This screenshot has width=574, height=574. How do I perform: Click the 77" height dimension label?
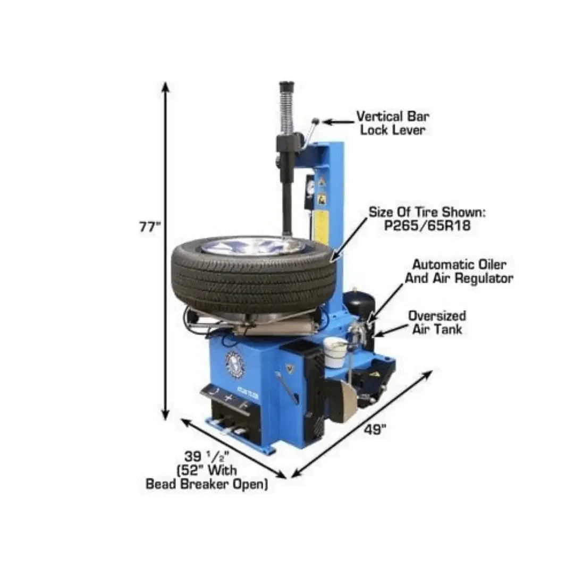[x=149, y=227]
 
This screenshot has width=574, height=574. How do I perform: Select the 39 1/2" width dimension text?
[x=208, y=457]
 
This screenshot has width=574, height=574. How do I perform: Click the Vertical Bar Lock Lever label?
[x=393, y=123]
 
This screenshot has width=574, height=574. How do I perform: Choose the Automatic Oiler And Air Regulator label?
[x=459, y=271]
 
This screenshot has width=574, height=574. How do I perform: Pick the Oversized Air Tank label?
[x=437, y=323]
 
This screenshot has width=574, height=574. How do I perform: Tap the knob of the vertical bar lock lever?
[x=316, y=122]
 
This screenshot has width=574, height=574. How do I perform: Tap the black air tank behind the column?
[x=360, y=308]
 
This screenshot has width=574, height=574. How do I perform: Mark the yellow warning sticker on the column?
[x=322, y=226]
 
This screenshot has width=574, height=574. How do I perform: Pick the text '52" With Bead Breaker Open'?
[x=207, y=477]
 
